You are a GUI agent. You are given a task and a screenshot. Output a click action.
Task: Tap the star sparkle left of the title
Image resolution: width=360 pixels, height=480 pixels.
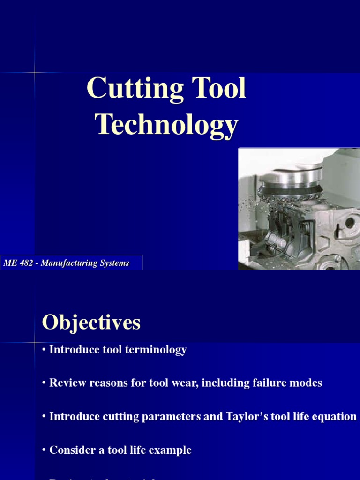coord(35,73)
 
